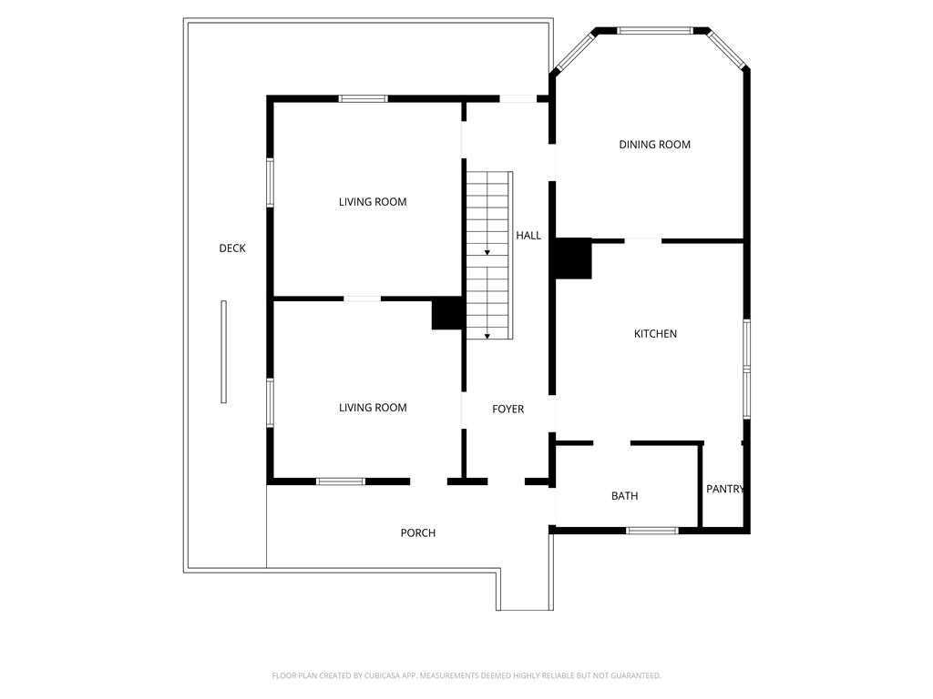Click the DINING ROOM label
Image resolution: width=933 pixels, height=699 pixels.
654,145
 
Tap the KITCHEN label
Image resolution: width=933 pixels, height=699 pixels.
655,334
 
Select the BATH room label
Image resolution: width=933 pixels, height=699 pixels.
624,496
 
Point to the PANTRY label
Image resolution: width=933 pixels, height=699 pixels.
725,489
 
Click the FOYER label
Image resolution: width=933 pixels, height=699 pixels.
508,410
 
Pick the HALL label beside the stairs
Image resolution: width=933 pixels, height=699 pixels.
528,236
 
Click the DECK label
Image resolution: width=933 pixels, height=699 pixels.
232,248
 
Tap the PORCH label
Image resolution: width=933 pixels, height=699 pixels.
418,533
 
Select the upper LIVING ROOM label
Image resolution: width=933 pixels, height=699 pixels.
373,202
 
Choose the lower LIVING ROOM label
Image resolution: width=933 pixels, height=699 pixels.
373,408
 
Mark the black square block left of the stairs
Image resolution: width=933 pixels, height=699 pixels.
447,314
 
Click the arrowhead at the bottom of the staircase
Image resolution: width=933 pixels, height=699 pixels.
487,337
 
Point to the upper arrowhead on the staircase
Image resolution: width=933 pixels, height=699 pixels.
487,251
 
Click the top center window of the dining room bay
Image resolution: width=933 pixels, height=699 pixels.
654,31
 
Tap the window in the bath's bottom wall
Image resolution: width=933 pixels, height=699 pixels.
652,530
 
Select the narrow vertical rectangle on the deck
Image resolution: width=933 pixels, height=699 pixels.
223,351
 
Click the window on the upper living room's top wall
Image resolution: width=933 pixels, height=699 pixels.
364,98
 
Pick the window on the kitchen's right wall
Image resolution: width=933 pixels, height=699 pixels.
746,369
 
